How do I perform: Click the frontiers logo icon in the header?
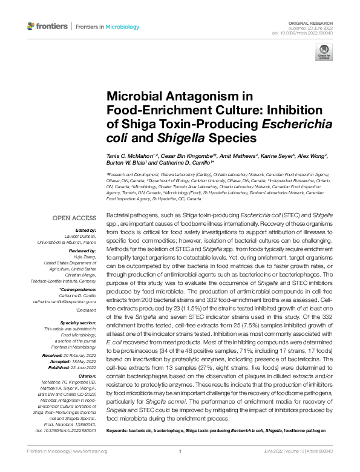(31, 26)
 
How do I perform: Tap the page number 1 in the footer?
(180, 451)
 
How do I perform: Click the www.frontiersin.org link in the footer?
(90, 451)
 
